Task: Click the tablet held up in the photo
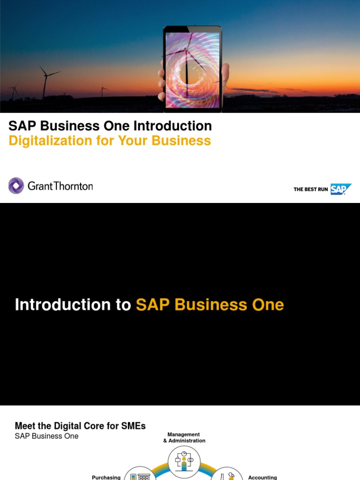click(x=192, y=68)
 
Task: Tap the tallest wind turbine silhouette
click(x=45, y=82)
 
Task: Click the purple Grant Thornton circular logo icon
click(x=16, y=186)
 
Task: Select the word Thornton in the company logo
click(x=73, y=186)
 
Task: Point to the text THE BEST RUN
click(x=311, y=189)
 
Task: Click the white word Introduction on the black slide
click(x=72, y=305)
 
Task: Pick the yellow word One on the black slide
click(x=267, y=305)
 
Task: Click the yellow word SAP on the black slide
click(x=153, y=305)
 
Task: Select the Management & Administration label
click(x=184, y=437)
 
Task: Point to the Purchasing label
click(x=106, y=477)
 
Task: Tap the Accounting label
click(x=262, y=477)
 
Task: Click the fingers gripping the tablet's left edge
click(x=162, y=80)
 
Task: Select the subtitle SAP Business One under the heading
click(x=46, y=436)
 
